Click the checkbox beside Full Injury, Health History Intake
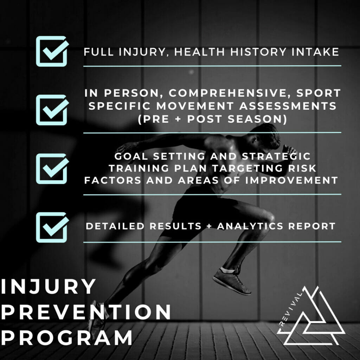pos(52,51)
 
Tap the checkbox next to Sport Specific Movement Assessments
pos(52,109)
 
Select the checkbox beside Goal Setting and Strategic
pos(52,168)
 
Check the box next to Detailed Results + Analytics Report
pos(52,227)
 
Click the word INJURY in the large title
pos(48,287)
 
